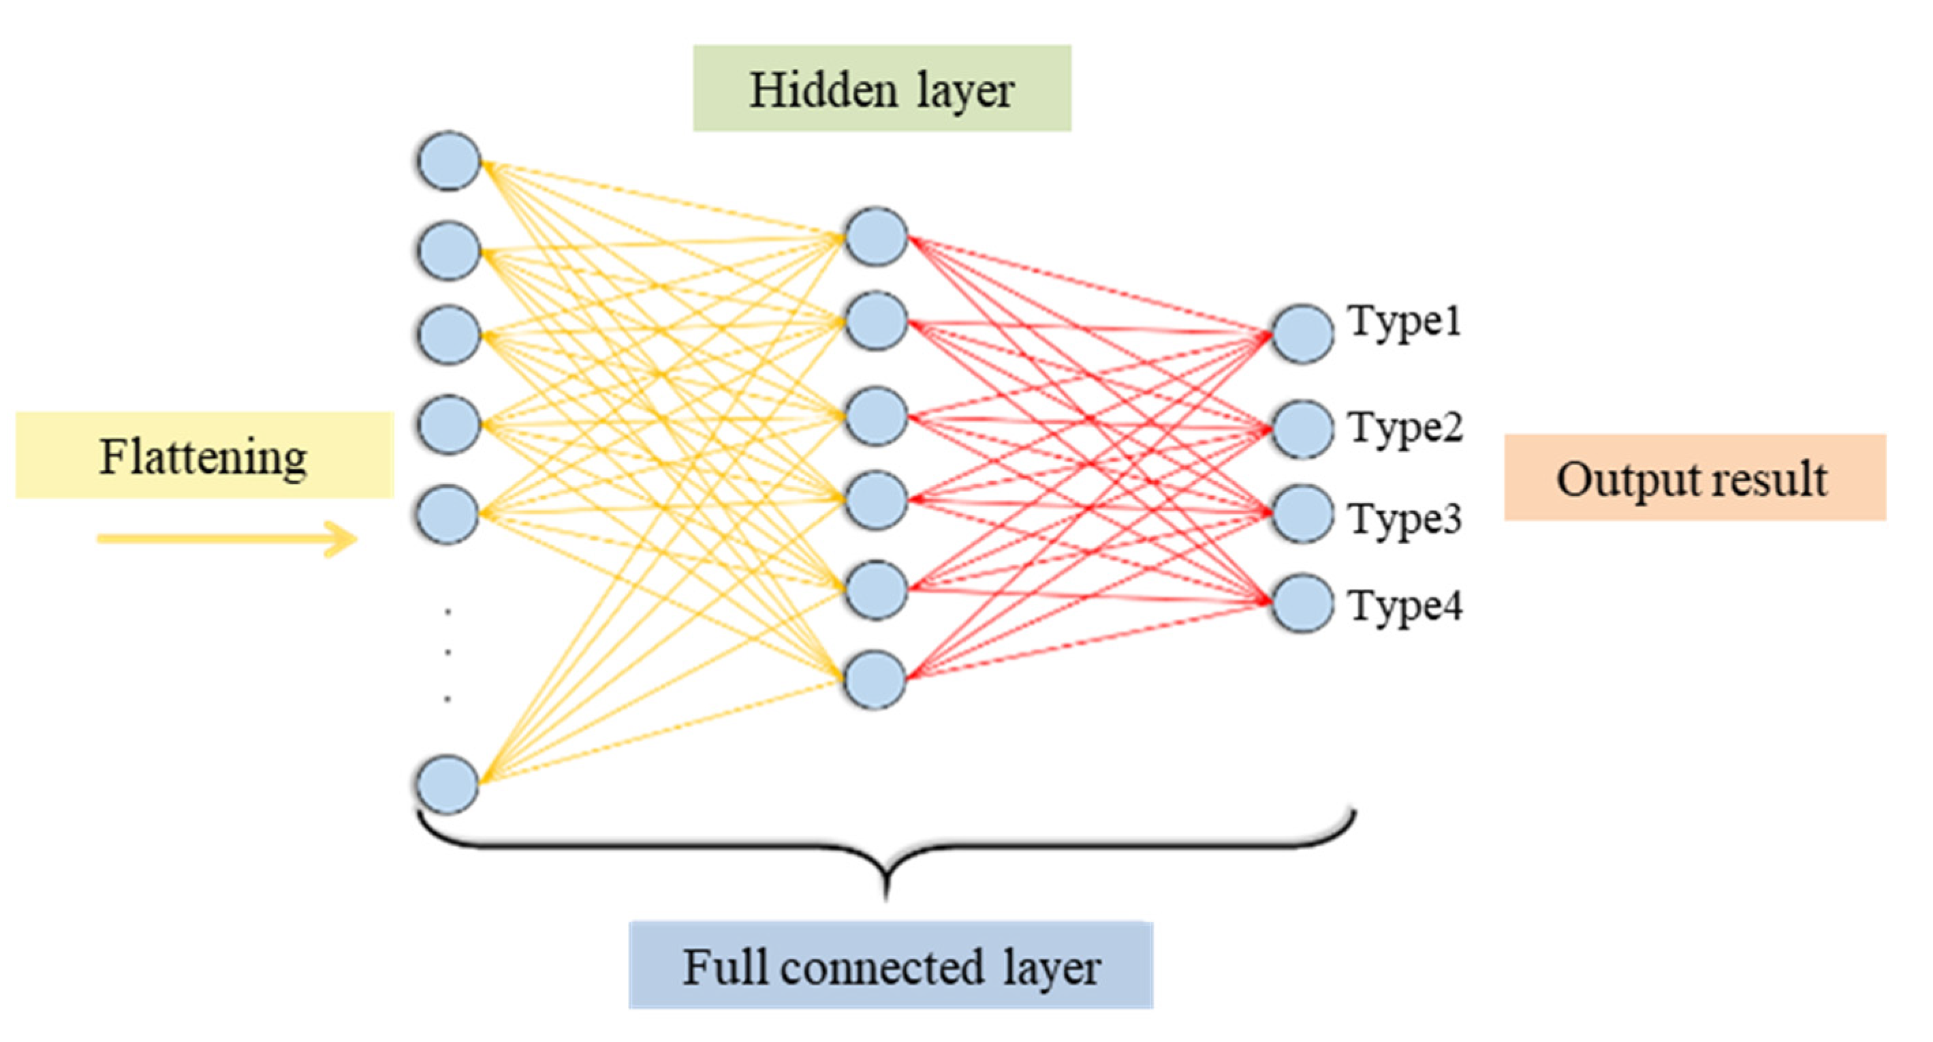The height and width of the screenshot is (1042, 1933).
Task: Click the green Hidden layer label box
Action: coord(882,89)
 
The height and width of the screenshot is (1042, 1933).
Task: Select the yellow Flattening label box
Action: coord(204,455)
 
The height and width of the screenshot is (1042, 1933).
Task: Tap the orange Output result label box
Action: coord(1695,478)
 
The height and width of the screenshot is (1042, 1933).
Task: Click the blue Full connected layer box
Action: coord(891,966)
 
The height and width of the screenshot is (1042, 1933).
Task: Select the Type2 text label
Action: coord(1404,428)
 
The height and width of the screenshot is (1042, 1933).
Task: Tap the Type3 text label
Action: coord(1404,518)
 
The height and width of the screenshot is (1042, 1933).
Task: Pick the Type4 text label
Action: coord(1404,605)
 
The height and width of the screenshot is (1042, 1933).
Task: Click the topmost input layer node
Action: coord(449,161)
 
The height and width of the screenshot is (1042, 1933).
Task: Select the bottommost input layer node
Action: coord(447,784)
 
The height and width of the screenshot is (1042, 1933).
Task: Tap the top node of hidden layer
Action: coord(876,236)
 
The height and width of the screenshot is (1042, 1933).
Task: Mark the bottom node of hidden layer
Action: coord(874,679)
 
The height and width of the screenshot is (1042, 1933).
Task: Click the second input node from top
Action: coord(449,250)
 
